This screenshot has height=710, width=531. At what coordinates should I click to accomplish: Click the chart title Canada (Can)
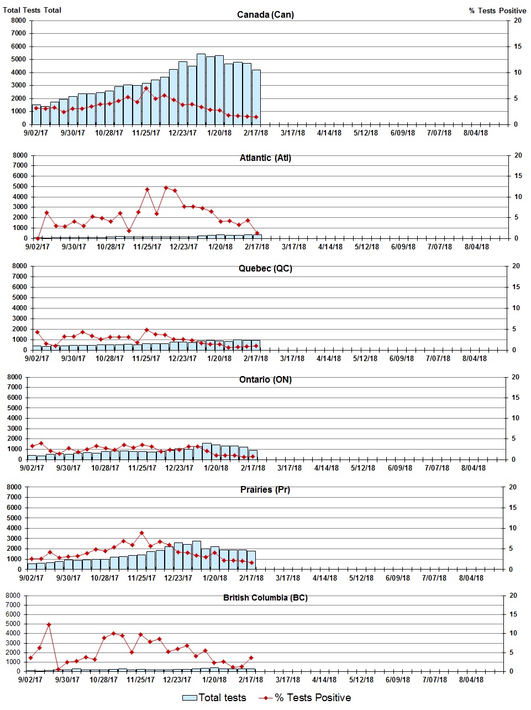tap(265, 15)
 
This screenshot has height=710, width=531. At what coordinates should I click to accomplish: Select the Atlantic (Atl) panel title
tap(265, 158)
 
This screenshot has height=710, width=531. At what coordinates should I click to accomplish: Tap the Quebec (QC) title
tap(265, 269)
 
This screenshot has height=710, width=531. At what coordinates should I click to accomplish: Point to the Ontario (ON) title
tap(265, 380)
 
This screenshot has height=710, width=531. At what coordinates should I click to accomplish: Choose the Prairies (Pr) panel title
tap(265, 490)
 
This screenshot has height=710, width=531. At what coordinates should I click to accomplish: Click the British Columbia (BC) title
tap(265, 598)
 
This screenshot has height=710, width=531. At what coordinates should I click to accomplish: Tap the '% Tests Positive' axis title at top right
tap(497, 11)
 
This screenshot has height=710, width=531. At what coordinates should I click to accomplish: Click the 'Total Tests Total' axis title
tap(32, 10)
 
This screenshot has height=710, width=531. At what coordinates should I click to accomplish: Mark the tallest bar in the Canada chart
tap(201, 88)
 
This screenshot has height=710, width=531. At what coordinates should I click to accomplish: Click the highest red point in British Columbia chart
tap(49, 625)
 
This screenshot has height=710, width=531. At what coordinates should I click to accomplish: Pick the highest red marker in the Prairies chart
tap(141, 533)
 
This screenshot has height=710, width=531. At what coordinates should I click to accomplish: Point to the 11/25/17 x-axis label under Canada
tap(146, 133)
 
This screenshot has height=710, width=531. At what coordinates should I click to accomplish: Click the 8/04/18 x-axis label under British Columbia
tap(471, 680)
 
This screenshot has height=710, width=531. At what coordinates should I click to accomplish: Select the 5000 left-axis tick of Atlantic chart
tap(20, 186)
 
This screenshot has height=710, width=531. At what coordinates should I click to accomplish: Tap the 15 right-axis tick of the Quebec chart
tap(516, 287)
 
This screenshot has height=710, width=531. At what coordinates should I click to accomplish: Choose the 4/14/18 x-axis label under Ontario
tap(326, 468)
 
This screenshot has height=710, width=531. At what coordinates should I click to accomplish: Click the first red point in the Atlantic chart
tap(38, 238)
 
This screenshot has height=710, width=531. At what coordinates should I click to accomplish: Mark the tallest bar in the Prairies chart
tap(197, 555)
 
